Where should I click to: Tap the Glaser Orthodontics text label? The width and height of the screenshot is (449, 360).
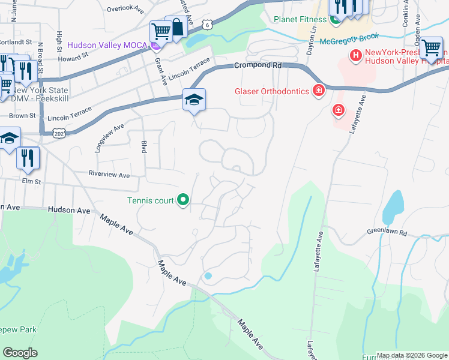tap(271, 92)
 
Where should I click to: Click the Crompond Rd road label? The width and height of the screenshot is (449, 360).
tap(258, 65)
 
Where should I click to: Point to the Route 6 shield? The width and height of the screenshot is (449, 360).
tap(206, 25)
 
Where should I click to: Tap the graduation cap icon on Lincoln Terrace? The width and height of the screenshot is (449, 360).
tap(194, 100)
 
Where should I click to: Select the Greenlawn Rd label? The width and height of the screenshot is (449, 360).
tap(387, 232)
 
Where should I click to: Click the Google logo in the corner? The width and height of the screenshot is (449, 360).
tap(20, 352)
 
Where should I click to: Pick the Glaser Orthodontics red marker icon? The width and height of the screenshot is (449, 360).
tap(318, 91)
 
